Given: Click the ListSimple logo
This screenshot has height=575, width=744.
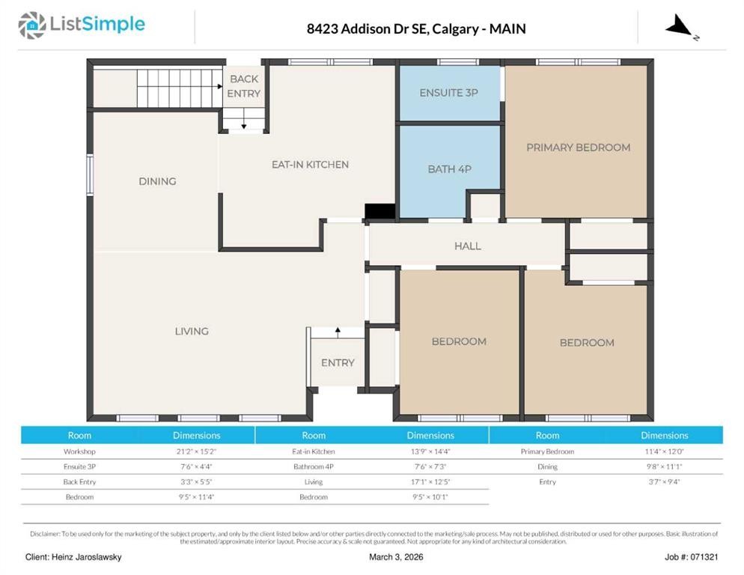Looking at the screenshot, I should coord(82,25).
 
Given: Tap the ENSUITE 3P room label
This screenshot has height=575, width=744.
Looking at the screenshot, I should coord(448,93).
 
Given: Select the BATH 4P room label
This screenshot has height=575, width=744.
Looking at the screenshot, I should coord(449,169).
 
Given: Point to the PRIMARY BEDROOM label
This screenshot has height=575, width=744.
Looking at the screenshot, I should coord(578,147).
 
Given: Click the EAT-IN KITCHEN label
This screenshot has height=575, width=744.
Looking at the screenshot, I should coord(310,165).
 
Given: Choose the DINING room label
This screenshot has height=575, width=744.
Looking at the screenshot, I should coord(157,181).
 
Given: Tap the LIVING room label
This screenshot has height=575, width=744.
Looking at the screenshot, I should coord(192,331).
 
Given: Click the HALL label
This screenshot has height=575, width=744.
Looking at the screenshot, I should coord(467,246).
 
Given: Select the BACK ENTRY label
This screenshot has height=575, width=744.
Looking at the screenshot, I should coord(244,86).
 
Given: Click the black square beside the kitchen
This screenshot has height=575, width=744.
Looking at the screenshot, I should coord(379,211).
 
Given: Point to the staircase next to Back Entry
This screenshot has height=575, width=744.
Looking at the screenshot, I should coord(179,88).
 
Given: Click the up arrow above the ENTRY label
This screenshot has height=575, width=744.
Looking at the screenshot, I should coord(338,331).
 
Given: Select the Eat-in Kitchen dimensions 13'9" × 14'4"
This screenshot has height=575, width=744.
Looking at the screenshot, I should coord(430,451).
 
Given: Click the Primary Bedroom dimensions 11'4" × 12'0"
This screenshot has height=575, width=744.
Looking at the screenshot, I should coord(664,451).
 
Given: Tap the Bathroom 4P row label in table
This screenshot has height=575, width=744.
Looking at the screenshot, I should coord(313,466).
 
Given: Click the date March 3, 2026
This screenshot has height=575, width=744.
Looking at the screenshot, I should coord(397,557).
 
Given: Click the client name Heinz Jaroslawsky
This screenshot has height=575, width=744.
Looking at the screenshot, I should coord(73,557).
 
